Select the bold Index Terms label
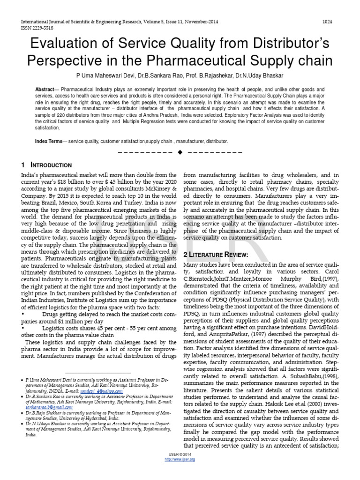tap(50, 141)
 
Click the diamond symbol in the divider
tap(180, 152)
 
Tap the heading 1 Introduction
tap(46, 165)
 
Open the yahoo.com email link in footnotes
tap(108, 390)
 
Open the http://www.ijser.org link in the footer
tap(180, 459)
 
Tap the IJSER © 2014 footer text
tap(180, 455)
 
